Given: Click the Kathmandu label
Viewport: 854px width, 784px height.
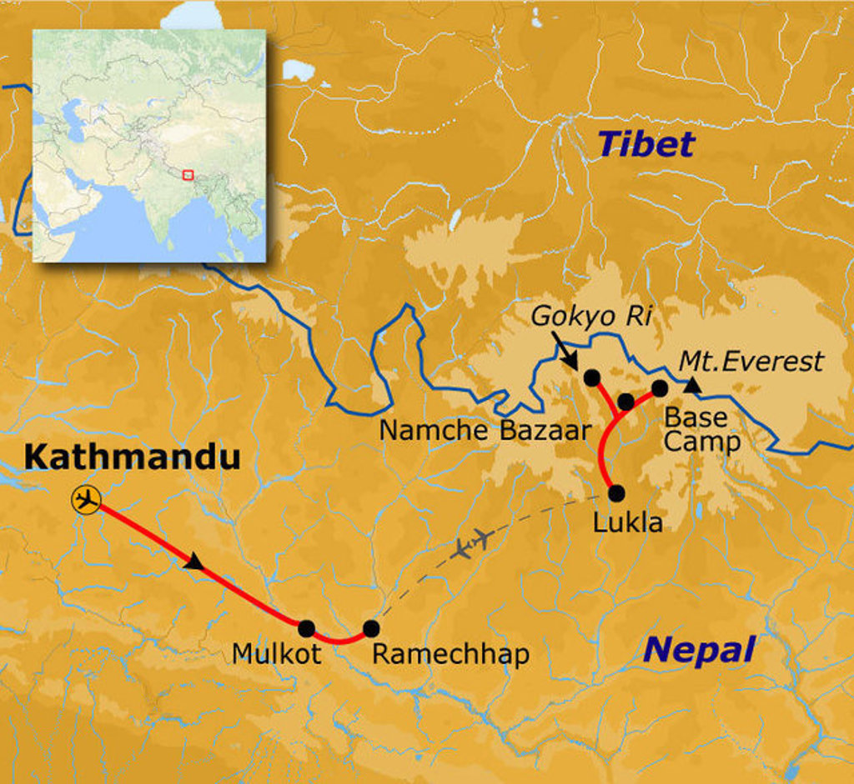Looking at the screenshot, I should [x=132, y=457].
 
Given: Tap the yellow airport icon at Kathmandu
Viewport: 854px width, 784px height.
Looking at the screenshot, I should [x=86, y=500].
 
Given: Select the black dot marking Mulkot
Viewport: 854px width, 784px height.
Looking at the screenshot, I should [x=306, y=628].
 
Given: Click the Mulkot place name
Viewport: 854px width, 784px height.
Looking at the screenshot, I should [x=277, y=655].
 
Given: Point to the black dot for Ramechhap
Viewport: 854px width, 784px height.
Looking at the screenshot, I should [x=371, y=628].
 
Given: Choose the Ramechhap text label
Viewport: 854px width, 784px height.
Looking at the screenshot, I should [x=450, y=655].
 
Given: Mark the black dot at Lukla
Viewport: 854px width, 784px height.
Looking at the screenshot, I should [x=616, y=492].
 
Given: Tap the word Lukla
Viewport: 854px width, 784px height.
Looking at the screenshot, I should [x=627, y=522].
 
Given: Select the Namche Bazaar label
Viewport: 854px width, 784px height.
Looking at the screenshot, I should [x=485, y=431].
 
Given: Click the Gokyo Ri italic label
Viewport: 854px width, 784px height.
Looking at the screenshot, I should [x=590, y=317].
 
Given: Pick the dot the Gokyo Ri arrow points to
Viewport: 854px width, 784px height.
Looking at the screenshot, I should [x=591, y=378].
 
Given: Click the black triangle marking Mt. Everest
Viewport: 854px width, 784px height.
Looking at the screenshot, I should [x=692, y=385].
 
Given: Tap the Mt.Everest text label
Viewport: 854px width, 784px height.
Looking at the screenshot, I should [x=751, y=362].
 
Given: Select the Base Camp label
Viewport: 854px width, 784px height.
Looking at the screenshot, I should [x=701, y=429].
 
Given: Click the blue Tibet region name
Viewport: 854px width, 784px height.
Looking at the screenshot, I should [x=645, y=145].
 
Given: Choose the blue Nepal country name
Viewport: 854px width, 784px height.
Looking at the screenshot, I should [x=701, y=649].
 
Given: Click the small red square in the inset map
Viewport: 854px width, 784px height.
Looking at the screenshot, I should [x=188, y=175].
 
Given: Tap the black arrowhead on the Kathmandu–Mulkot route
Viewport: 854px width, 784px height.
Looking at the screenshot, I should [x=194, y=563].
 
